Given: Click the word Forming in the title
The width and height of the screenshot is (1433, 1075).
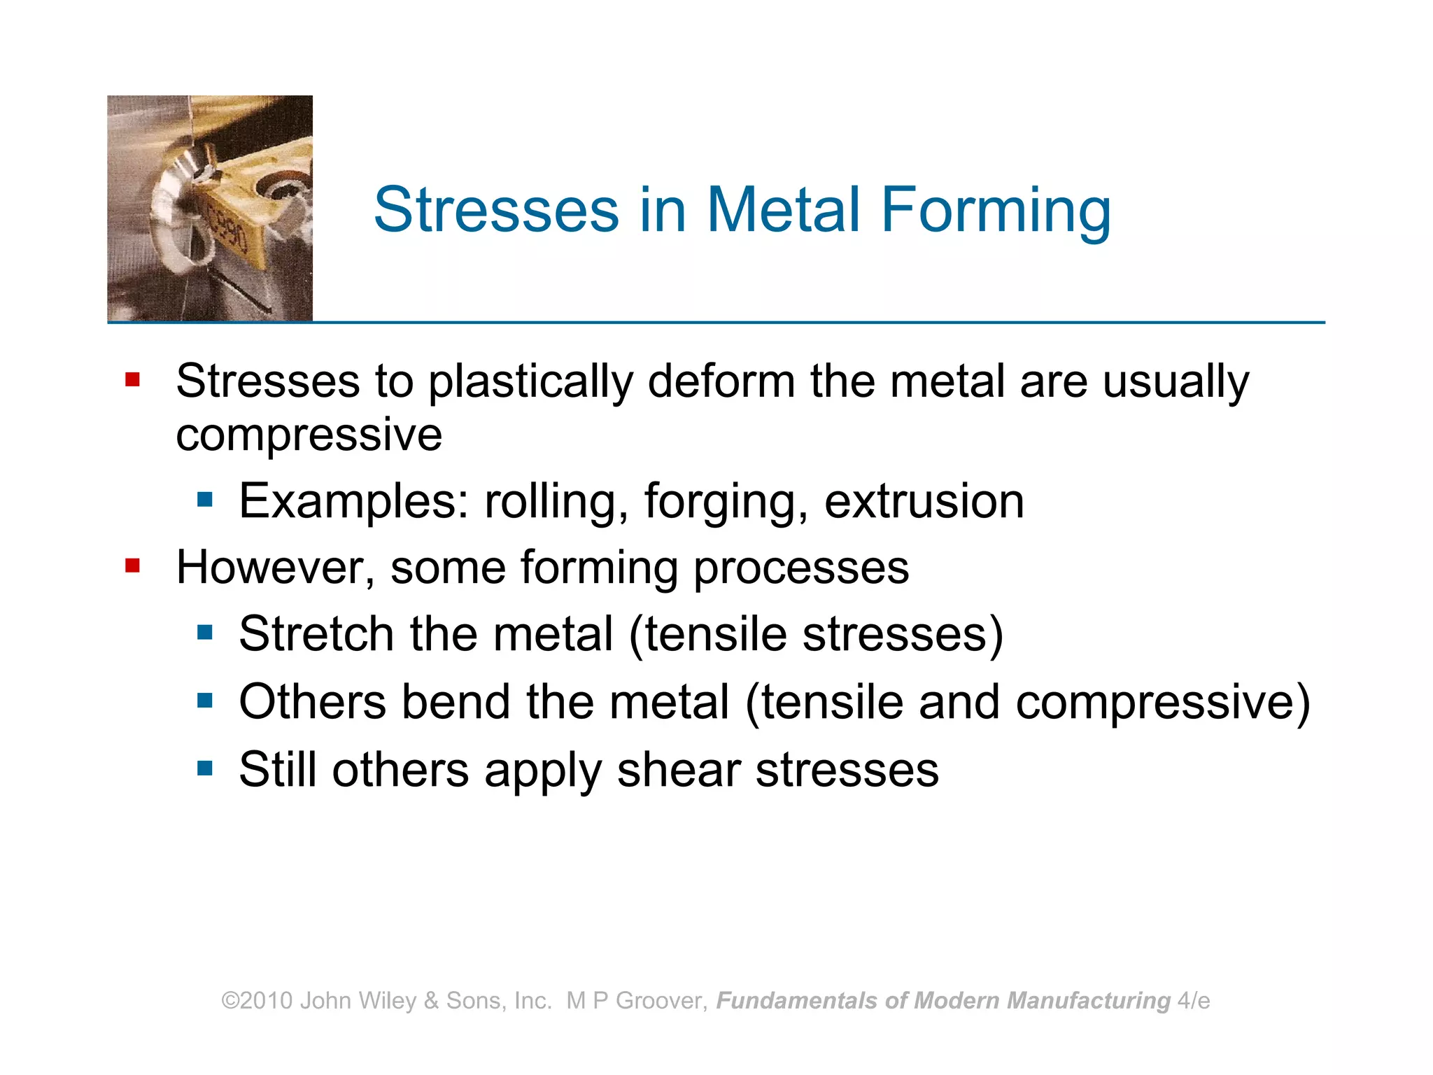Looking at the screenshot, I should click(996, 210).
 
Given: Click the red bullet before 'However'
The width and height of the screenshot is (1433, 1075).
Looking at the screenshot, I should click(132, 565).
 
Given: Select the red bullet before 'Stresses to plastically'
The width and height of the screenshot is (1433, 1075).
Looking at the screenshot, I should click(132, 379).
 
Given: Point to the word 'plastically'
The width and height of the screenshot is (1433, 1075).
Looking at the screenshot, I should click(530, 384).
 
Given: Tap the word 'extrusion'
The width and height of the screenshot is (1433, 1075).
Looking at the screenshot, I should click(924, 501).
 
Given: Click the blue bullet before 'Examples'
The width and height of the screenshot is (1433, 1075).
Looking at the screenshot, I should click(204, 500).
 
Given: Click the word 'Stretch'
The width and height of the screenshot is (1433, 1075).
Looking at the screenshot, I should click(316, 634).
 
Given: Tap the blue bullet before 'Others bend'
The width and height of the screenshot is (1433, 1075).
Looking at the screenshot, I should click(204, 700).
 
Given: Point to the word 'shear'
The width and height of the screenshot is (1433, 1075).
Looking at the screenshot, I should click(677, 770).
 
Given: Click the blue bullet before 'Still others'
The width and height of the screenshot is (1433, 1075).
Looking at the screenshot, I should click(204, 768).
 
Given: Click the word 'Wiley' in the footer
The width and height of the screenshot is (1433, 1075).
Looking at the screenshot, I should click(387, 1001).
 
